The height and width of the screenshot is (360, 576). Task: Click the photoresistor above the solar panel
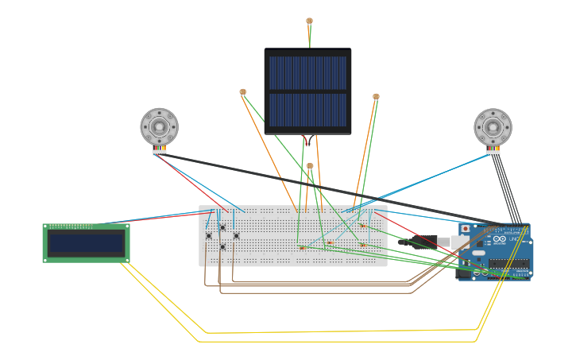point(309,21)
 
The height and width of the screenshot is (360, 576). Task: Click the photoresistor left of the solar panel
point(242,92)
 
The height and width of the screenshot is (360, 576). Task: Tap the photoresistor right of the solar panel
point(376,97)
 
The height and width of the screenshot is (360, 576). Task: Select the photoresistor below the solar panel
point(310,166)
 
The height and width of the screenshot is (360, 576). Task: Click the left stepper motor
point(159,126)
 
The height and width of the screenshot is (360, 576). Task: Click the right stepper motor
point(493,127)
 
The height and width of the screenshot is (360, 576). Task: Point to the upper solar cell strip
point(307,72)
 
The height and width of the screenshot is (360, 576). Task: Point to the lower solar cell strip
point(307,110)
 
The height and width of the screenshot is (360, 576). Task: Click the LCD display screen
point(87,243)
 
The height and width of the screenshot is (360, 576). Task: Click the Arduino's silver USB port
point(460,242)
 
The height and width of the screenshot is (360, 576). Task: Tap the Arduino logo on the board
point(499,239)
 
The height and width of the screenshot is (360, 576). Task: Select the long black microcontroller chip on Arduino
point(508,264)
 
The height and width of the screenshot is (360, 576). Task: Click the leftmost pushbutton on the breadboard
point(209,235)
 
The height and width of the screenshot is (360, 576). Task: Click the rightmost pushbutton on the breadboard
point(236,235)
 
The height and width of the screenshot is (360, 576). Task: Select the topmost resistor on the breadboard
point(362,226)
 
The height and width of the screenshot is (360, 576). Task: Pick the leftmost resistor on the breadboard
point(302,247)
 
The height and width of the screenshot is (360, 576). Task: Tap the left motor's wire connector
point(159,151)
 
